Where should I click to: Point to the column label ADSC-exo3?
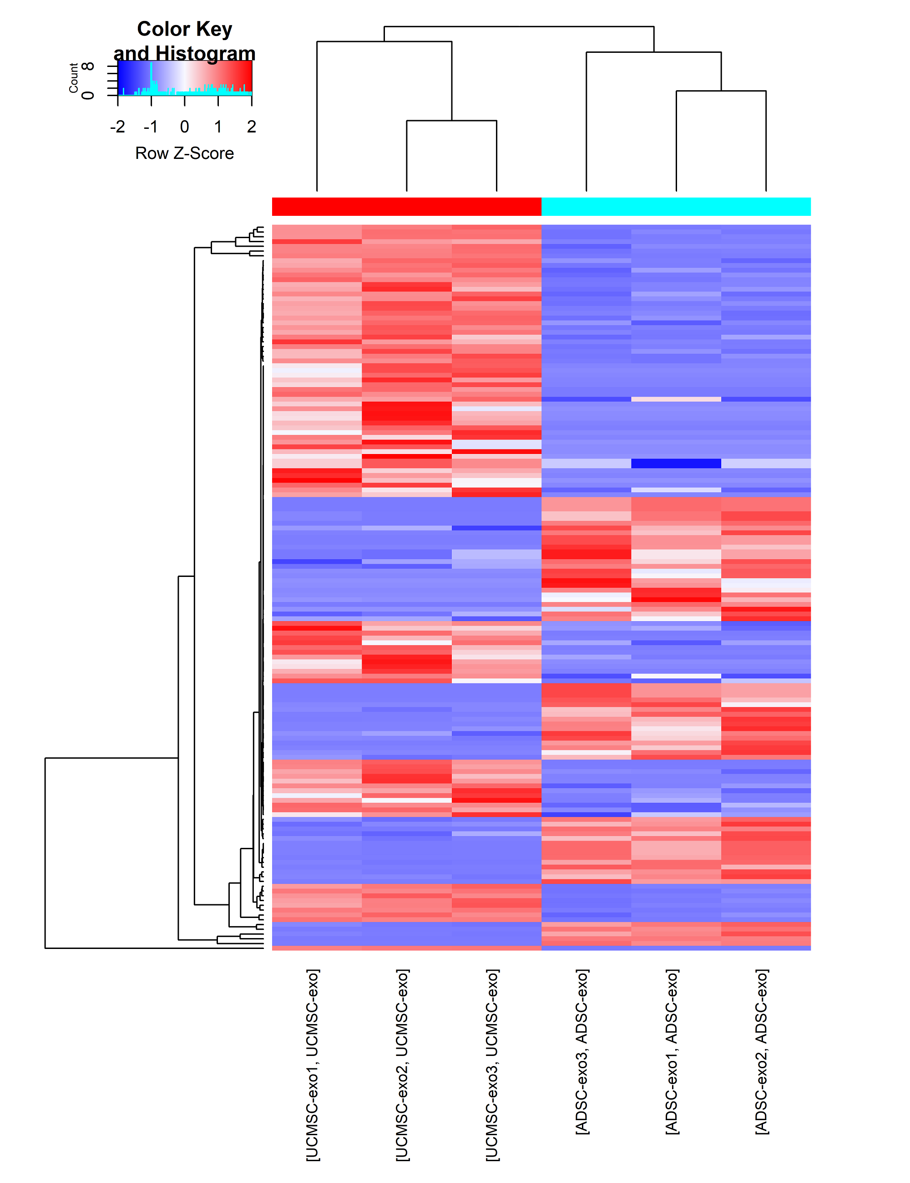pyautogui.click(x=582, y=1051)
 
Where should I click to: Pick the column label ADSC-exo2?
pyautogui.click(x=762, y=1051)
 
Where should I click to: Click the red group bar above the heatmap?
pyautogui.click(x=406, y=206)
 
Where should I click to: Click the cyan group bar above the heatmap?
pyautogui.click(x=676, y=206)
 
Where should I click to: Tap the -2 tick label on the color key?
pyautogui.click(x=117, y=127)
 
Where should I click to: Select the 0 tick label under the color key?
pyautogui.click(x=185, y=127)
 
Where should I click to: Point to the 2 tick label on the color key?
pyautogui.click(x=251, y=127)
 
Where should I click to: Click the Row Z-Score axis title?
pyautogui.click(x=185, y=153)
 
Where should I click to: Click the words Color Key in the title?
pyautogui.click(x=185, y=29)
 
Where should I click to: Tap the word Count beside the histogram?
pyautogui.click(x=73, y=78)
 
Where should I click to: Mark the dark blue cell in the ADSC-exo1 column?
pyautogui.click(x=676, y=463)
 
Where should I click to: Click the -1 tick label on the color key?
pyautogui.click(x=151, y=127)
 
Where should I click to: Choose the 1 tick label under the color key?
pyautogui.click(x=217, y=127)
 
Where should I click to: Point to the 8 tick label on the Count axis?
pyautogui.click(x=89, y=66)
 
